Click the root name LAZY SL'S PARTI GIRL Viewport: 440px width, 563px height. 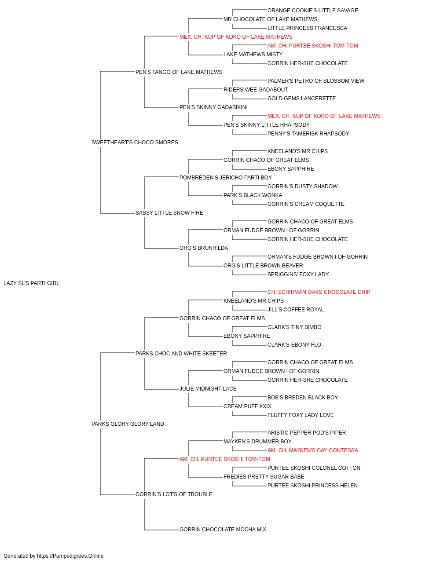click(x=31, y=283)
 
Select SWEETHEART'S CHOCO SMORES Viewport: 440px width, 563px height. click(x=135, y=143)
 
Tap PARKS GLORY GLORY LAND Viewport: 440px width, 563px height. click(x=128, y=424)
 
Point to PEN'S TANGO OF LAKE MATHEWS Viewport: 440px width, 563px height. click(x=179, y=72)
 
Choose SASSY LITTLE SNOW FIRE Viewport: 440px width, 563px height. click(x=169, y=213)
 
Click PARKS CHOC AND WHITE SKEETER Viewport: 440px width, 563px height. click(x=181, y=353)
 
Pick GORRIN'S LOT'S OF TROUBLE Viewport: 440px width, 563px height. click(x=174, y=494)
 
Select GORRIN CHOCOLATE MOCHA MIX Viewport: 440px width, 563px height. click(x=223, y=529)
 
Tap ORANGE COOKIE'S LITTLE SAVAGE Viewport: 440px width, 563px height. click(x=313, y=11)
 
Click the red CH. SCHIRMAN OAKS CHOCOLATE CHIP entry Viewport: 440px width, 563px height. click(x=319, y=292)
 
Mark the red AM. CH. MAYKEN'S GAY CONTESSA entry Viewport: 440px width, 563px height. click(x=313, y=450)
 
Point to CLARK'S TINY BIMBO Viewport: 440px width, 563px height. click(x=294, y=327)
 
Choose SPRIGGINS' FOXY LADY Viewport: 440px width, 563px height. click(x=298, y=274)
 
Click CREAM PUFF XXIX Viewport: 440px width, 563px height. click(x=247, y=406)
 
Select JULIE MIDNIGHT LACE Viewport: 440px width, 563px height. click(x=208, y=389)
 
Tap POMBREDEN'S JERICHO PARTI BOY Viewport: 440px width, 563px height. click(x=226, y=177)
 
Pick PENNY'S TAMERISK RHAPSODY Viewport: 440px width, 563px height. click(x=308, y=134)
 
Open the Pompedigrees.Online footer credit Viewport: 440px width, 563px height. click(x=53, y=556)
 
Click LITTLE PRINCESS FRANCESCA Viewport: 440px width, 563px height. click(x=307, y=28)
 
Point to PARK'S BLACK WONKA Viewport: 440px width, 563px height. click(x=253, y=195)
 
